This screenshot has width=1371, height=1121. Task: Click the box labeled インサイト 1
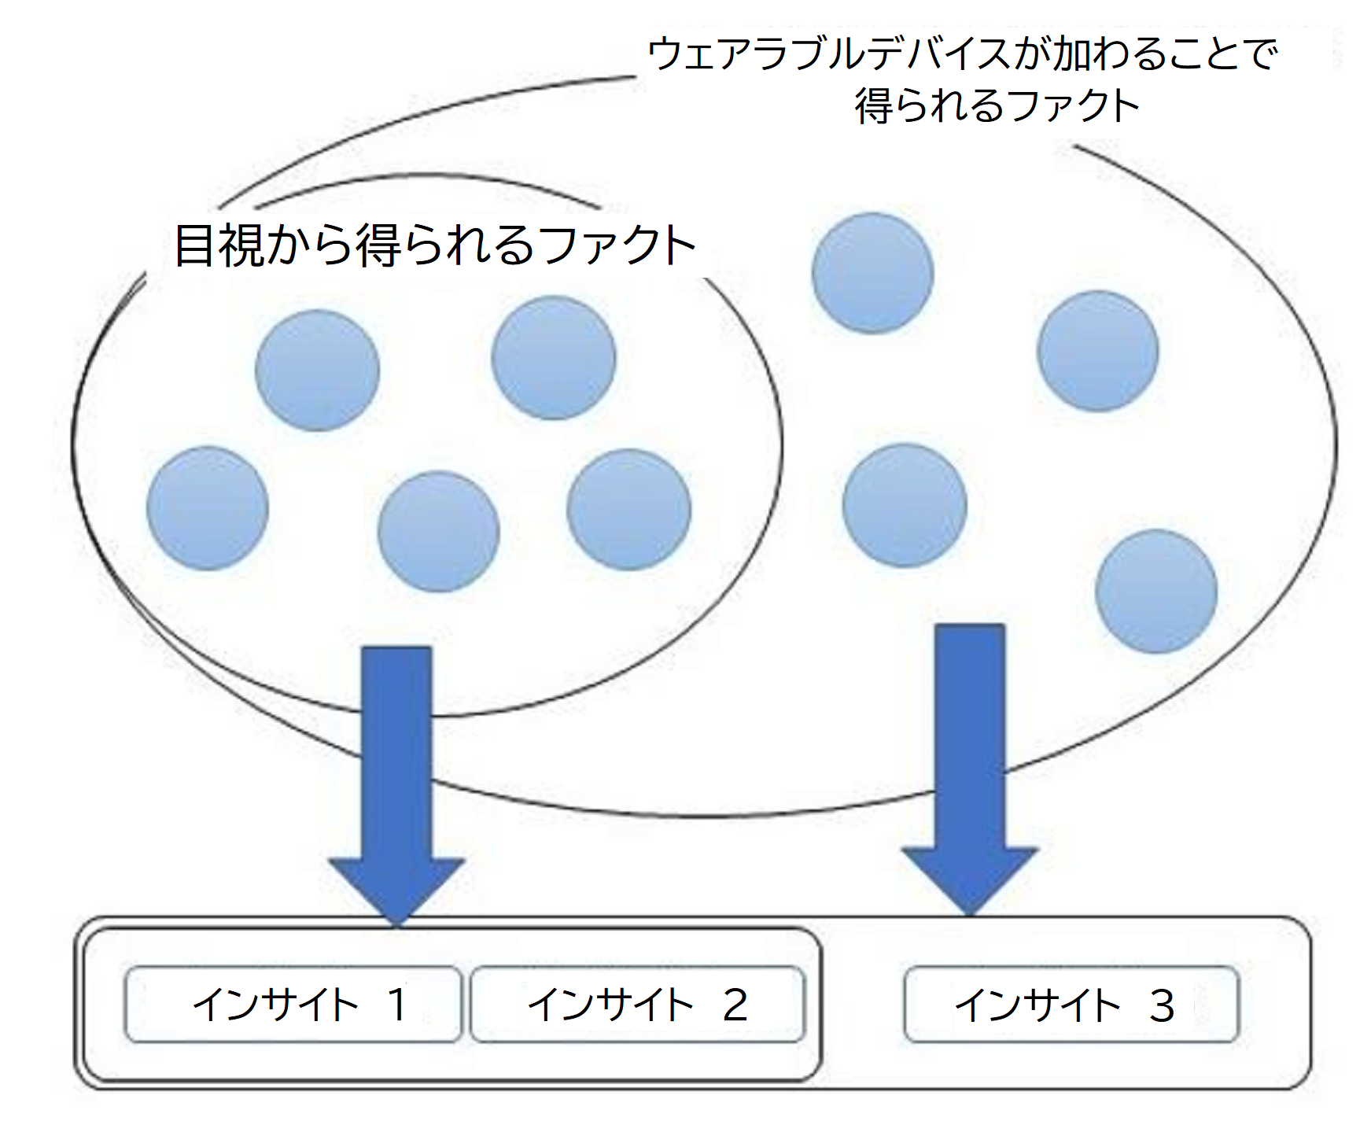click(293, 1005)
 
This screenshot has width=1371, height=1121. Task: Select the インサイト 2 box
click(638, 1005)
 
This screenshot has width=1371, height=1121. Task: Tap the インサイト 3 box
click(1071, 1005)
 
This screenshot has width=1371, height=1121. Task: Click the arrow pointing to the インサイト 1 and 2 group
click(396, 786)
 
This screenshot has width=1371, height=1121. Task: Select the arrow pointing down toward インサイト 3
click(970, 770)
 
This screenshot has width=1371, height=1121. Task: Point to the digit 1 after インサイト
click(397, 1005)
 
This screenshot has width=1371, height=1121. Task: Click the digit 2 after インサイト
click(735, 1005)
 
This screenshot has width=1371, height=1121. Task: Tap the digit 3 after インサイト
click(1163, 1005)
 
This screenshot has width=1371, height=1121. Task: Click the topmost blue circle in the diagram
click(872, 273)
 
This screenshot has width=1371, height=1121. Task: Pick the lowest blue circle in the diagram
click(1156, 591)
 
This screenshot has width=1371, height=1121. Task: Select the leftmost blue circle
click(208, 508)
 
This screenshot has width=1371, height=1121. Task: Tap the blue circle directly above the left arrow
click(438, 531)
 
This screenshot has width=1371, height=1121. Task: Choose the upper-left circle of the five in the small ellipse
click(318, 370)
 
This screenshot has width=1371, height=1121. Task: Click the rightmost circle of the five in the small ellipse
click(629, 509)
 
